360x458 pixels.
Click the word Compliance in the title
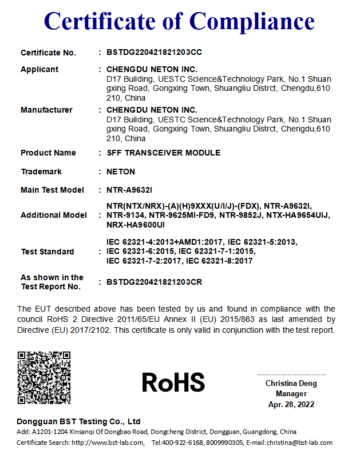tap(252, 21)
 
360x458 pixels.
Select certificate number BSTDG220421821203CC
tap(154, 53)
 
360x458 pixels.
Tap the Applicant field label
tap(39, 69)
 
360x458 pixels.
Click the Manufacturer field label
tap(46, 110)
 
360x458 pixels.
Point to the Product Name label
tap(48, 153)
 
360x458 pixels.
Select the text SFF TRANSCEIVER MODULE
tap(163, 153)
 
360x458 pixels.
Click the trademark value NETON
tap(121, 172)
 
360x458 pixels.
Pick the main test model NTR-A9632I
tap(129, 190)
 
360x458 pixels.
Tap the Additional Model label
tap(54, 215)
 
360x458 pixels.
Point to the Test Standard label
tap(47, 252)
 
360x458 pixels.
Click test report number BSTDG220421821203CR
tap(154, 282)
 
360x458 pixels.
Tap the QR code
tap(44, 378)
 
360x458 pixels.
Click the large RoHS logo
tap(173, 382)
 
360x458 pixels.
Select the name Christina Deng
tap(291, 383)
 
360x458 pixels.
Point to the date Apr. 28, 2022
tap(291, 404)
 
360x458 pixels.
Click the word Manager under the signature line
tap(291, 393)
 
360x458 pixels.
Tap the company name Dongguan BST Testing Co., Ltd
tap(78, 421)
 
